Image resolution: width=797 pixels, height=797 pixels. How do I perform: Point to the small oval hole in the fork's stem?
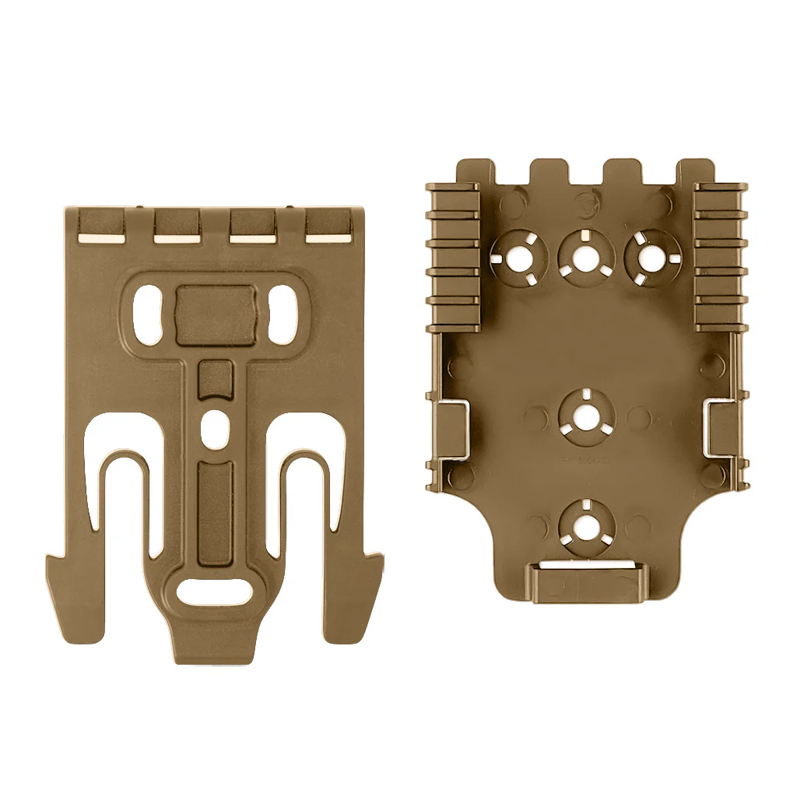215,426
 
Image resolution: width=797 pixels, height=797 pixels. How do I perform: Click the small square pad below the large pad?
215,379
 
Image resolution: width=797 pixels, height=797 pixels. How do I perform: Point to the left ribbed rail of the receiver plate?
454,245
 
